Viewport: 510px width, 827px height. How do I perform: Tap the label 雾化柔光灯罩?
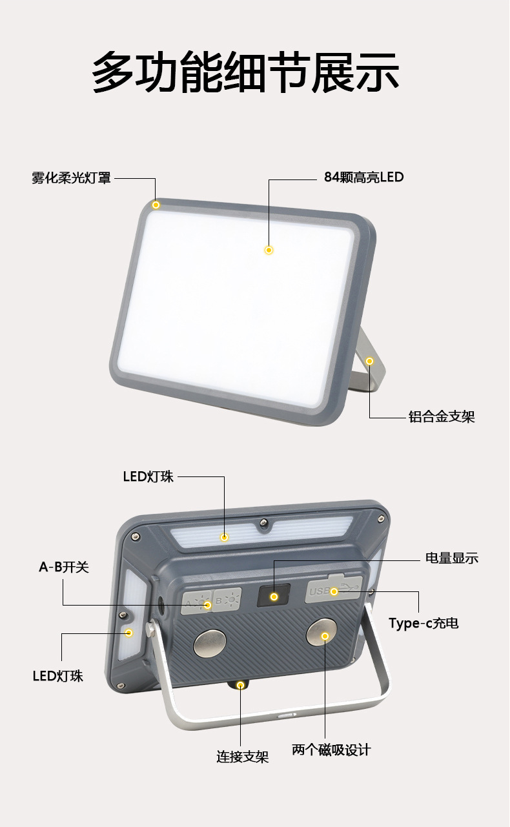(x=71, y=178)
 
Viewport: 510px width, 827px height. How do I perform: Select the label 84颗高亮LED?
(x=363, y=177)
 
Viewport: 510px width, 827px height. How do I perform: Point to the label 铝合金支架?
(x=442, y=417)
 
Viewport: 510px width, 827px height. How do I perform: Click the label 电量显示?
(x=452, y=558)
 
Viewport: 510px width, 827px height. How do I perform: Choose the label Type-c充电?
(x=423, y=624)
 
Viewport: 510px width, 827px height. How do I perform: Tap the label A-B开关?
(x=64, y=567)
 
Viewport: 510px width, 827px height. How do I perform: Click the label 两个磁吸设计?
(x=331, y=750)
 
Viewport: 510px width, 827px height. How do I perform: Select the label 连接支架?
(x=242, y=757)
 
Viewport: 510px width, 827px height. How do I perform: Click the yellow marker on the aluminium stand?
(x=370, y=361)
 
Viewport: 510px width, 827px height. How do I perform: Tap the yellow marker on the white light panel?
(x=269, y=250)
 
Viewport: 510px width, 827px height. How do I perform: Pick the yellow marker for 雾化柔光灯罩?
(x=156, y=205)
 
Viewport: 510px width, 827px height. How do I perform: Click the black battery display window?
(x=274, y=596)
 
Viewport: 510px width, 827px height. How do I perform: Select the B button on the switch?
(x=227, y=601)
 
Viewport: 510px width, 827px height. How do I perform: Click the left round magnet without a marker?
(x=210, y=643)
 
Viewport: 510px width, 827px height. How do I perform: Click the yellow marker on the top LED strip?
(x=224, y=537)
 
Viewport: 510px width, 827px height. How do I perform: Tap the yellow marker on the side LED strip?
(x=128, y=633)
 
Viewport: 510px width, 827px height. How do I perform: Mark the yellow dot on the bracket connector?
(x=241, y=684)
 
